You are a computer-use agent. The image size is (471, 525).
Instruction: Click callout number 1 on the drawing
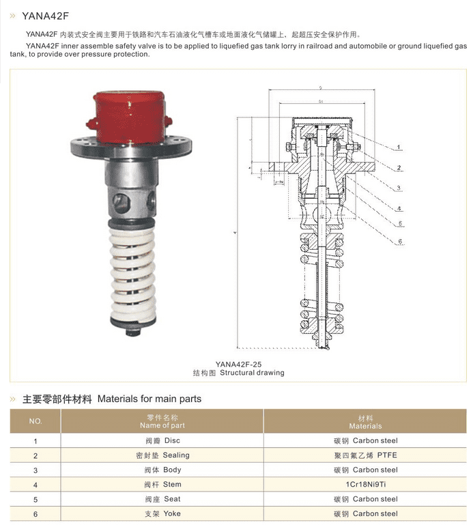(398, 147)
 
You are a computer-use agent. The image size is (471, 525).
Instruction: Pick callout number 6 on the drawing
(401, 242)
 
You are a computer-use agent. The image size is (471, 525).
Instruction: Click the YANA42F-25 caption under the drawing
(238, 364)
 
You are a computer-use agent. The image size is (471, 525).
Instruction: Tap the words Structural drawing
(252, 373)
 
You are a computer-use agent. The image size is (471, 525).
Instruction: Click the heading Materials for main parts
(149, 399)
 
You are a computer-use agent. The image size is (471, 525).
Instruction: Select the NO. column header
(35, 421)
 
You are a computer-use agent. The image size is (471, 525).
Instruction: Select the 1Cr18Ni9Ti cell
(365, 484)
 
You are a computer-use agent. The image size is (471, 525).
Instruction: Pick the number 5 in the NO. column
(35, 499)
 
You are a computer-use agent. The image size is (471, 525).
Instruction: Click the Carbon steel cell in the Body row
(365, 470)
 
